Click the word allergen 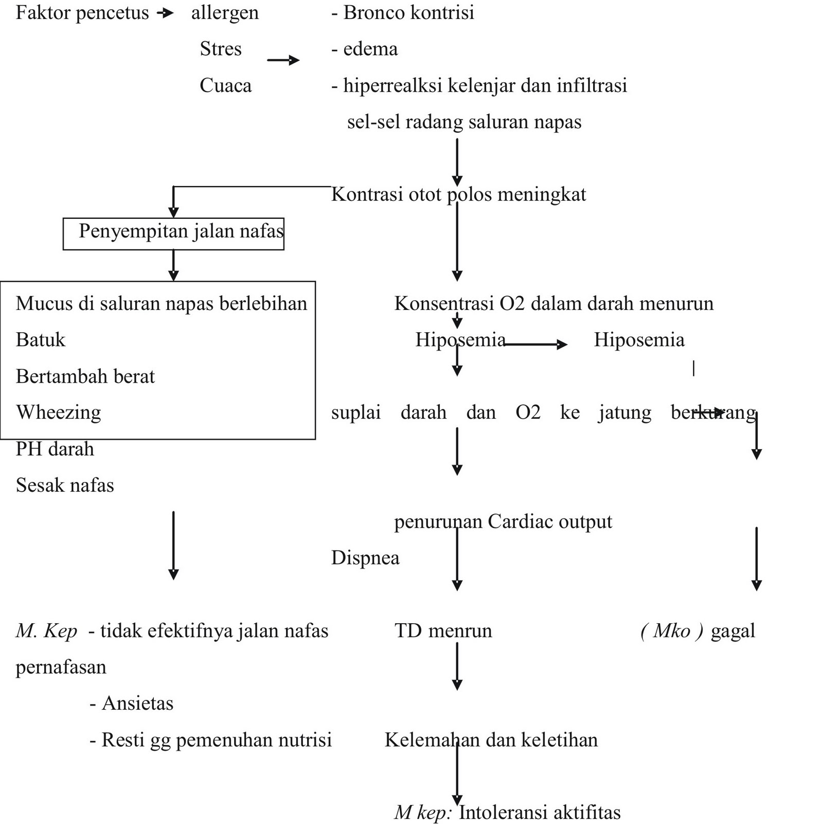tap(225, 13)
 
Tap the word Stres tap(221, 49)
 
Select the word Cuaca tap(225, 85)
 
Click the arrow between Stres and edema tap(283, 60)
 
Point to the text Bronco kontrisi tap(408, 13)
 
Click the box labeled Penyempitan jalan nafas tap(173, 233)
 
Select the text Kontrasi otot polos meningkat tap(458, 195)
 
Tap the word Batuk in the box tap(41, 340)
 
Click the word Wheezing tap(58, 413)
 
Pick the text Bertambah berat tap(85, 376)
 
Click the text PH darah tap(55, 449)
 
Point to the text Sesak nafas tap(65, 485)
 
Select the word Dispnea tap(365, 558)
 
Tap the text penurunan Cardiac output tap(503, 522)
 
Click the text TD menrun tap(443, 631)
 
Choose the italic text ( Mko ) tap(672, 631)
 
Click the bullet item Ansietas tap(137, 703)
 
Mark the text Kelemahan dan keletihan tap(491, 740)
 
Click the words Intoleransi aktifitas tap(540, 813)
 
